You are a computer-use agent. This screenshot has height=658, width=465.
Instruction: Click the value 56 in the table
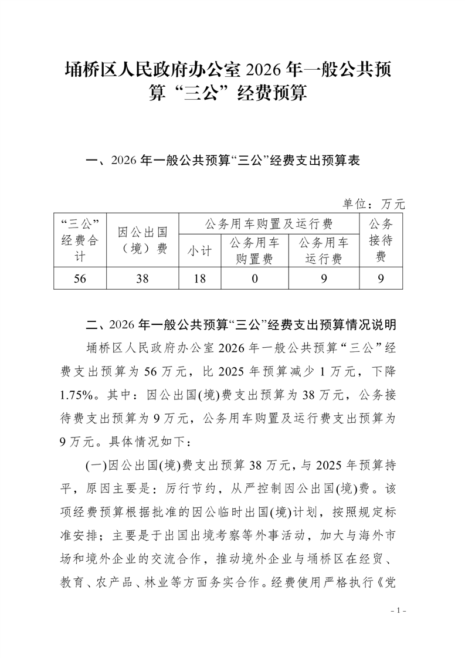pos(80,279)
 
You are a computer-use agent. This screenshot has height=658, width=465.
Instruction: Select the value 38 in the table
pos(142,279)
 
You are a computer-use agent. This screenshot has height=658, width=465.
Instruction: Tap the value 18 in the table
pos(199,279)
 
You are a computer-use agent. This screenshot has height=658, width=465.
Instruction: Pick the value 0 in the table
pos(254,279)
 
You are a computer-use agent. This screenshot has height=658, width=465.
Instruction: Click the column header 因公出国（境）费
pos(142,240)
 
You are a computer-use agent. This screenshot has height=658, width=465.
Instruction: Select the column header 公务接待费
pos(381,240)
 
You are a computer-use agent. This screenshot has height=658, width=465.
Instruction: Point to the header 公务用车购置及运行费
pos(269,223)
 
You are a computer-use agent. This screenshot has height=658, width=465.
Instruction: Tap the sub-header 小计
pos(199,250)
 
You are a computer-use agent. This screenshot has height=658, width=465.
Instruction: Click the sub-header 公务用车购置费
pos(254,250)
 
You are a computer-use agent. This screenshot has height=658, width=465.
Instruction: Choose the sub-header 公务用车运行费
pos(324,250)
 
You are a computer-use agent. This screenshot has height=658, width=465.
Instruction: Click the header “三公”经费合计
pos(80,240)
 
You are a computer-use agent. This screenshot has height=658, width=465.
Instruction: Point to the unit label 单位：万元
pos(374,204)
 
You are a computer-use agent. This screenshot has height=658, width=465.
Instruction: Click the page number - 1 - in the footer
pos(398,611)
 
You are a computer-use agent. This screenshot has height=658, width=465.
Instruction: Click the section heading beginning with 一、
pos(222,160)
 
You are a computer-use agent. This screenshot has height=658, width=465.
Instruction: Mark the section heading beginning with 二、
pos(241,324)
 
